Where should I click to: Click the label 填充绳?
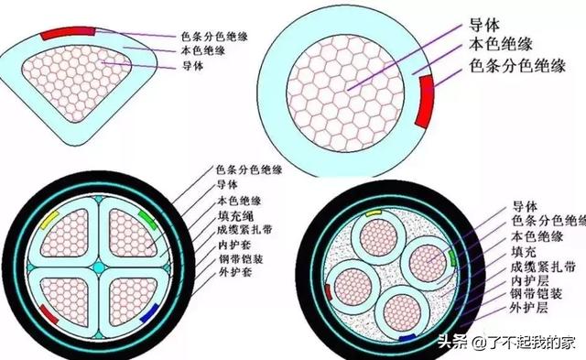(235, 216)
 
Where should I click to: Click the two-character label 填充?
(526, 248)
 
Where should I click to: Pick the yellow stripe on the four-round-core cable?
(374, 212)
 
